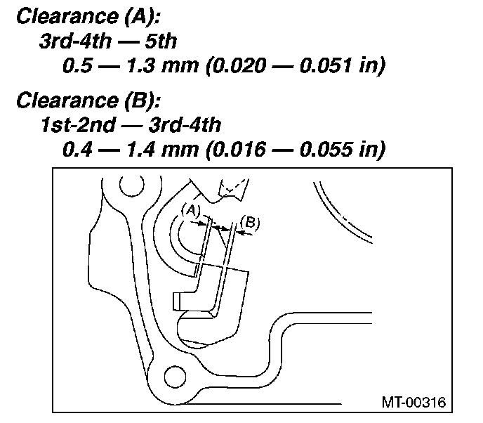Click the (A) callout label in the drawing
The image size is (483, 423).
191,211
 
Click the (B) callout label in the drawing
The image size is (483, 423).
250,223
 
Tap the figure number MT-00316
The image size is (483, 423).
413,403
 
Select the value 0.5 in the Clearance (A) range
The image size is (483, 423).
77,65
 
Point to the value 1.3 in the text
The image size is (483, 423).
142,65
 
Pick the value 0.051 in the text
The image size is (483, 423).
325,65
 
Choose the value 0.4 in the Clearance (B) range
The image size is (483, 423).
77,150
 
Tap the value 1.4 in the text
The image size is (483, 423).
142,150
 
